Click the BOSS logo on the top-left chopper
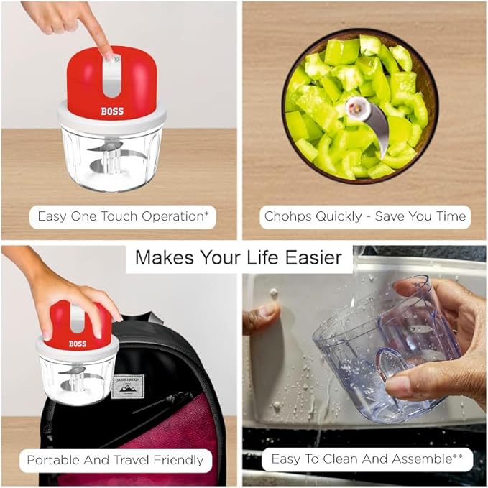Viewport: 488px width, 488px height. (112, 111)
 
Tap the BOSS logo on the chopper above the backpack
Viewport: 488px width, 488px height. (78, 344)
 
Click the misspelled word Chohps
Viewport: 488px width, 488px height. (282, 216)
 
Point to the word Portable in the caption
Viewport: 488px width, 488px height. (48, 460)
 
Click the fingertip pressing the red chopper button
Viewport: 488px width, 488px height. (109, 55)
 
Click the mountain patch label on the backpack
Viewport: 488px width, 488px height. (128, 387)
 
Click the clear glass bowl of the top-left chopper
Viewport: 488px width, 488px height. (111, 159)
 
